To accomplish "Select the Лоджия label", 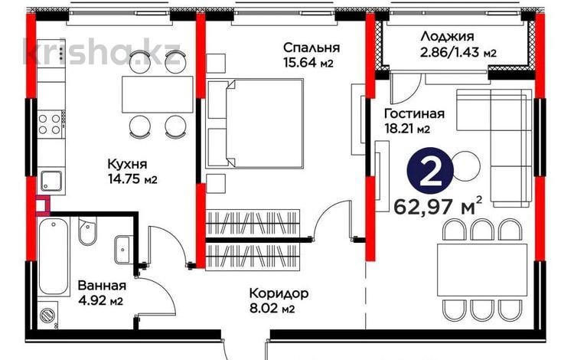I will point(448,36).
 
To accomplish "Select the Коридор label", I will point(279,293).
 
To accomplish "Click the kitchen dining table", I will point(157,95).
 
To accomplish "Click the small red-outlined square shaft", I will point(41,204).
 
